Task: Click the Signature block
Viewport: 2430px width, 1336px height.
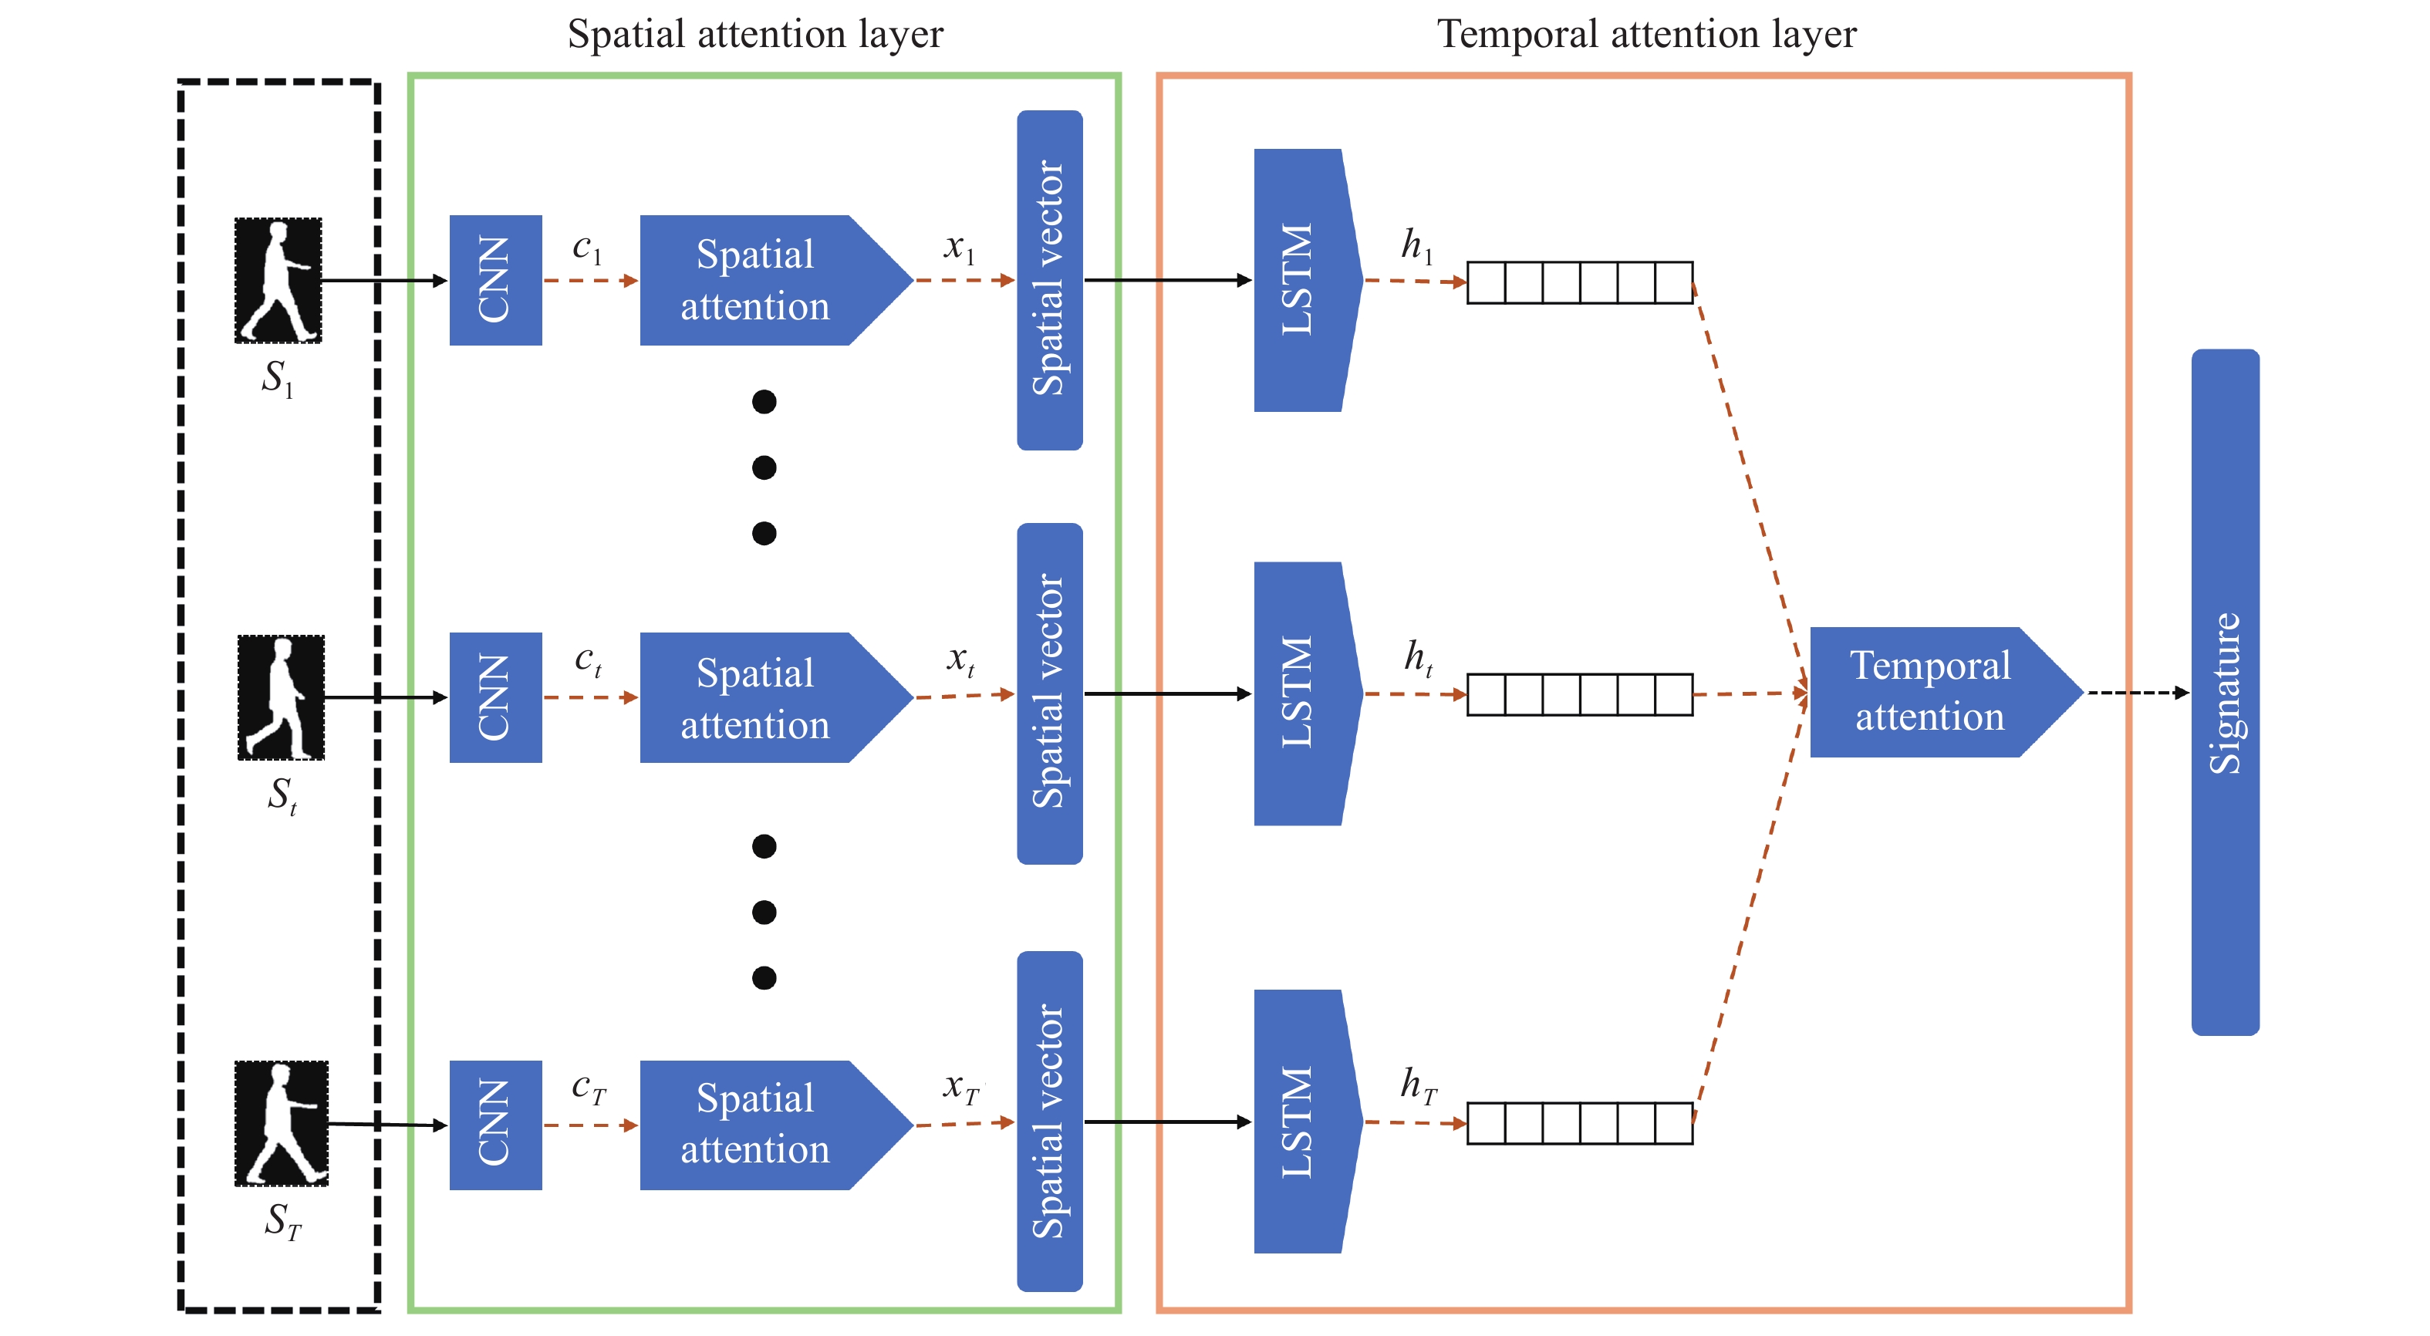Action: tap(2223, 692)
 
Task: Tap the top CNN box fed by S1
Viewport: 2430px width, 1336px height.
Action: tap(495, 280)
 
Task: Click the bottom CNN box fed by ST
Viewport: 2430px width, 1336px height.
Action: tap(495, 1124)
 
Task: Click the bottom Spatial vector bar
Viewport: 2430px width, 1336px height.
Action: tap(1049, 1120)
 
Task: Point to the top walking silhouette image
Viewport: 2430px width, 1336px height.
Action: tap(278, 280)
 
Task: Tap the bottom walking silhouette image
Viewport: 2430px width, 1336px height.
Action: tap(280, 1123)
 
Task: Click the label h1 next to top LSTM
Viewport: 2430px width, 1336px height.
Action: tap(1416, 245)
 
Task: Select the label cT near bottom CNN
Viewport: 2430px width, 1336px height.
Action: tap(588, 1088)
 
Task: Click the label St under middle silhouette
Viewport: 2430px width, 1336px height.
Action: tap(281, 795)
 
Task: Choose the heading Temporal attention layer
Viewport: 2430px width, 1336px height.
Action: tap(1645, 34)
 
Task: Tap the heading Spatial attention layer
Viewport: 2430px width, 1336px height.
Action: tap(754, 34)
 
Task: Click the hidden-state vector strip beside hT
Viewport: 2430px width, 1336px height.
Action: tap(1579, 1123)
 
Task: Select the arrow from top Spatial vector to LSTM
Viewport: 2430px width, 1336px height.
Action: tap(1168, 280)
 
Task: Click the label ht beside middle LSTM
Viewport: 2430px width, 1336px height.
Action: tap(1418, 658)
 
